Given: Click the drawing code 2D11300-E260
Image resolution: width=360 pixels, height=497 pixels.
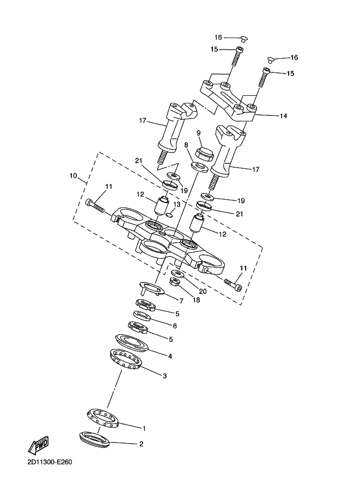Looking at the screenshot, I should (48, 462).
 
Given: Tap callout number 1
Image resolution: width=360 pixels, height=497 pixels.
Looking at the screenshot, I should (144, 428).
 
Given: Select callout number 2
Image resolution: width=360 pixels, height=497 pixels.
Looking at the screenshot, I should (141, 444).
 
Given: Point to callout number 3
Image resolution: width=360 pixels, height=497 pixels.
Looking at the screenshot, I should (164, 376).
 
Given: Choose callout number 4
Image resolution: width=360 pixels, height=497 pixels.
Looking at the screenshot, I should (170, 357).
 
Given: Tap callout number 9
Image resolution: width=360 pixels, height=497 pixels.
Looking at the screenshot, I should (199, 133).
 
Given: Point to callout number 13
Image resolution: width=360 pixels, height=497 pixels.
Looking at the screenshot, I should (176, 205).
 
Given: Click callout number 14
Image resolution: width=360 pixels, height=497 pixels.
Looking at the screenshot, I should (283, 116).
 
